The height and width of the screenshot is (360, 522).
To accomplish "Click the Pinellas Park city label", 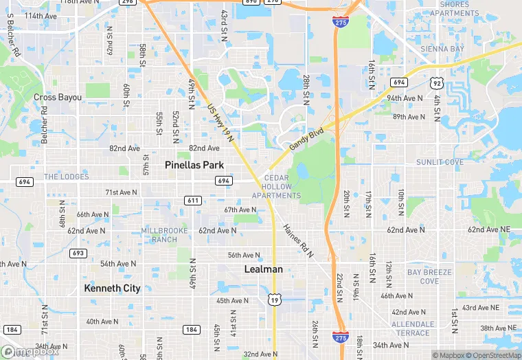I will [194, 165].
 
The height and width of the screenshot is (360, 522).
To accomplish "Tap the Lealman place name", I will [264, 269].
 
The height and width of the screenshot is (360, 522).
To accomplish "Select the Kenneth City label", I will [112, 289].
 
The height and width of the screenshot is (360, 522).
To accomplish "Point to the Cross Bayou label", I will [58, 98].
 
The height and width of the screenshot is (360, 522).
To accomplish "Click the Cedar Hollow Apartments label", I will [276, 187].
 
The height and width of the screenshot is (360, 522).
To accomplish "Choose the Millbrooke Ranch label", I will [159, 234].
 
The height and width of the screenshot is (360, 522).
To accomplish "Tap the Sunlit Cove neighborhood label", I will [440, 162].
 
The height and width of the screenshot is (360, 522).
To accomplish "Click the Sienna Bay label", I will [442, 49].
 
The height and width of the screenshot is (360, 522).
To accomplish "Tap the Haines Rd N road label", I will [298, 240].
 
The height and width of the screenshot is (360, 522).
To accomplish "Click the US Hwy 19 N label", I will [220, 124].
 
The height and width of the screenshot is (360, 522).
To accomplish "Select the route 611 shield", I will [193, 200].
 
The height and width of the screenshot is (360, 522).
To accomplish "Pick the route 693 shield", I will [78, 254].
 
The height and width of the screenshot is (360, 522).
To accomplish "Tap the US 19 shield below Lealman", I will [275, 300].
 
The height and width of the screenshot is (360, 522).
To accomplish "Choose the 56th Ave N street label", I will [244, 256].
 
